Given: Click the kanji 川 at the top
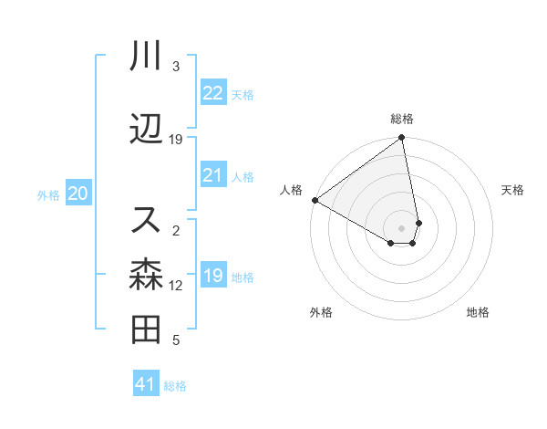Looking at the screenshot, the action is click(x=146, y=57).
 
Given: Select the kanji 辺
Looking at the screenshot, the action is click(x=146, y=130).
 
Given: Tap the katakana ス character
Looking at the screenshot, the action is click(x=146, y=219).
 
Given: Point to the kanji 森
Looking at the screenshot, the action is click(x=146, y=273).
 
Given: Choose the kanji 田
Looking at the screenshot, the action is click(x=146, y=330).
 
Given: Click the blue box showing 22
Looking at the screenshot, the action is click(x=213, y=93).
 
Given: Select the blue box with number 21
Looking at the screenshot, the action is click(x=213, y=175).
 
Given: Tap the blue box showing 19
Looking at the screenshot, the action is click(x=213, y=276).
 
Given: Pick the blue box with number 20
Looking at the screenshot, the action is click(x=78, y=194).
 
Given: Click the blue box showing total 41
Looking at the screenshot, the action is click(x=146, y=384).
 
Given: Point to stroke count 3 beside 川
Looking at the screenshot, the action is click(x=175, y=67).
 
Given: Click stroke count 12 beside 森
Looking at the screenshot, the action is click(x=176, y=286).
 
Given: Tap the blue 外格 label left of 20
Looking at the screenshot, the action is click(x=48, y=194).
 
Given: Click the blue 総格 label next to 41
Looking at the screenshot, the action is click(x=175, y=386).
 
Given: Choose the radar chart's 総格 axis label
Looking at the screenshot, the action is click(x=402, y=119).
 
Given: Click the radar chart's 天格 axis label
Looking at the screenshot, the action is click(x=513, y=190).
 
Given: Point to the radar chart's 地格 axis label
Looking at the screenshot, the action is click(x=478, y=313).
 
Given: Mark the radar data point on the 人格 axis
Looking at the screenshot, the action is click(x=315, y=200).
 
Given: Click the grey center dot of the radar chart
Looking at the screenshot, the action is click(x=402, y=227).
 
